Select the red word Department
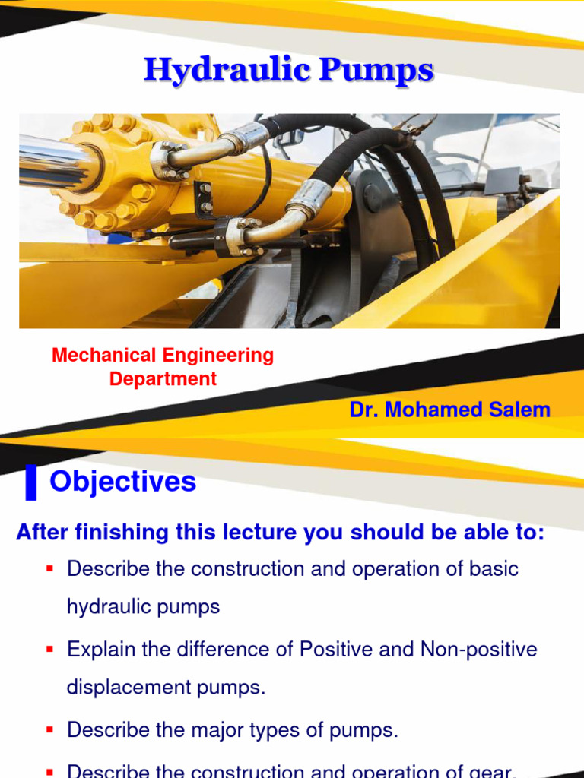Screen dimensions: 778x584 (x=163, y=379)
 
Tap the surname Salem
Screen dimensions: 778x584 (x=519, y=410)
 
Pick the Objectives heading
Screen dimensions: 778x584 (x=122, y=482)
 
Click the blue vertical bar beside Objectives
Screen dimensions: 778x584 (x=30, y=484)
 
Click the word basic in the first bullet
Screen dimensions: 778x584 (x=492, y=569)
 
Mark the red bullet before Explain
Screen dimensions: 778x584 (x=49, y=650)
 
